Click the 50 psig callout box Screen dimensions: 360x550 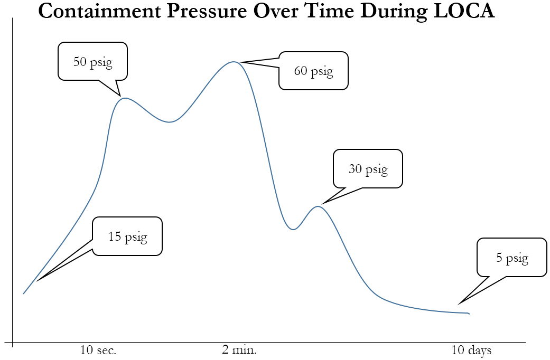point(92,61)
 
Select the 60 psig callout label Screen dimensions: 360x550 point(313,71)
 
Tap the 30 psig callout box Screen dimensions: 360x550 point(368,169)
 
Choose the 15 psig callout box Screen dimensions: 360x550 point(127,236)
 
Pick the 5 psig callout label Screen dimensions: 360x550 point(511,258)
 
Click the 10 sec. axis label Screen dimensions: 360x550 point(98,350)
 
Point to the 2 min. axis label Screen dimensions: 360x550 point(239,349)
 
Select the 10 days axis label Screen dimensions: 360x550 point(471,350)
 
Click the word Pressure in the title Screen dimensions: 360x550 point(200,11)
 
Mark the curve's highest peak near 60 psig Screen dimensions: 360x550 point(232,62)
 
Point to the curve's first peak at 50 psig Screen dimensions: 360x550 point(123,98)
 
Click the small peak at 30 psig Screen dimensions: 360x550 point(318,206)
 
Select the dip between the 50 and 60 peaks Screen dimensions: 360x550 point(169,122)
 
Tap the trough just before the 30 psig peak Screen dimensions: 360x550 point(294,229)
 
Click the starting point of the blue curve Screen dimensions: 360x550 point(24,293)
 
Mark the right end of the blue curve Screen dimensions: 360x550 point(469,314)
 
